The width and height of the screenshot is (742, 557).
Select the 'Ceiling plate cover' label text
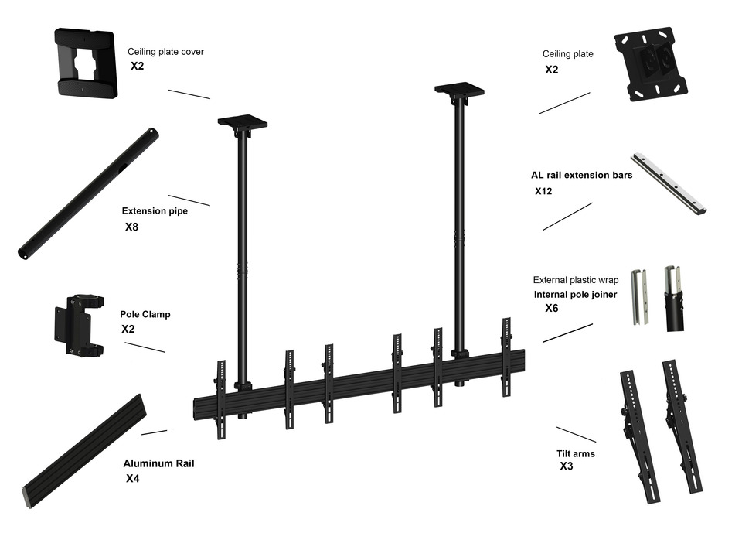click(165, 52)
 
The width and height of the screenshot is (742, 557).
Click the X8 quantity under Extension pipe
click(133, 227)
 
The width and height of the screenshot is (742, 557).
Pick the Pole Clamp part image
click(78, 325)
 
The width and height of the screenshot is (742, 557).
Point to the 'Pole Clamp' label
click(145, 315)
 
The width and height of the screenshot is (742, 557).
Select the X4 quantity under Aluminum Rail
click(133, 479)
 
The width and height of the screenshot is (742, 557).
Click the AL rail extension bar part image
click(669, 183)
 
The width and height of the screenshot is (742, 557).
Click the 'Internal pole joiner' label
click(575, 295)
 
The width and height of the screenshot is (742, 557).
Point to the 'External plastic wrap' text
click(575, 280)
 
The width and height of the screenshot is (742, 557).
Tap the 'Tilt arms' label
click(576, 454)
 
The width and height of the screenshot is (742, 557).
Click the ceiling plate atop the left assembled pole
click(242, 122)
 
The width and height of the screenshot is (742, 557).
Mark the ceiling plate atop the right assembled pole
click(459, 90)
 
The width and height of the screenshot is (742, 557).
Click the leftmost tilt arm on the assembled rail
click(221, 398)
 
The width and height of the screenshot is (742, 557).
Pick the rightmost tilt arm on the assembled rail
click(507, 356)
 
